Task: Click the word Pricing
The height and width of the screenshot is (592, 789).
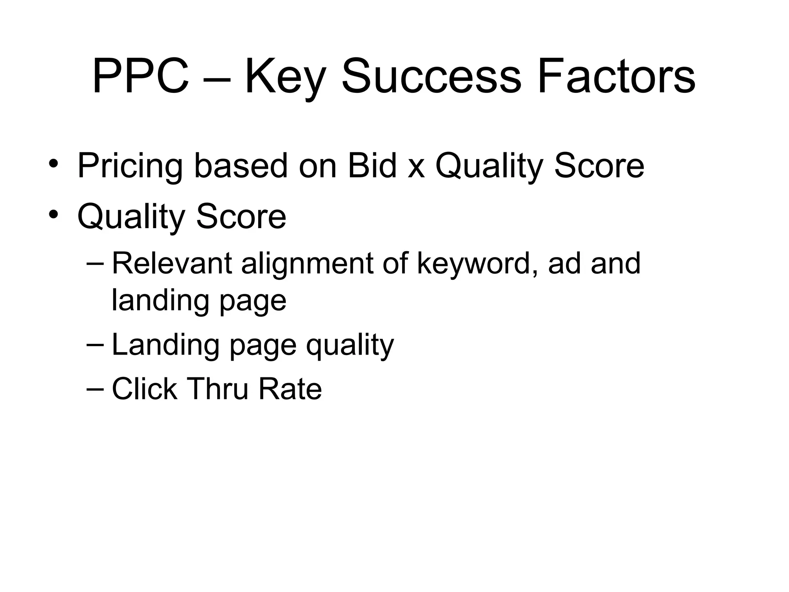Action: pos(130,166)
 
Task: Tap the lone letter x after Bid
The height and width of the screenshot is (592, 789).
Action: pos(416,170)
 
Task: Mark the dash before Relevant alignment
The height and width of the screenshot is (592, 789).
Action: pos(95,264)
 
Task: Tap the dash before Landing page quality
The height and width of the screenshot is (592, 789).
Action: pos(95,345)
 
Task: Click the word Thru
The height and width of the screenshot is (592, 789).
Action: pos(218,388)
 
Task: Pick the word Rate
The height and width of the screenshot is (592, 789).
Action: pos(290,388)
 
